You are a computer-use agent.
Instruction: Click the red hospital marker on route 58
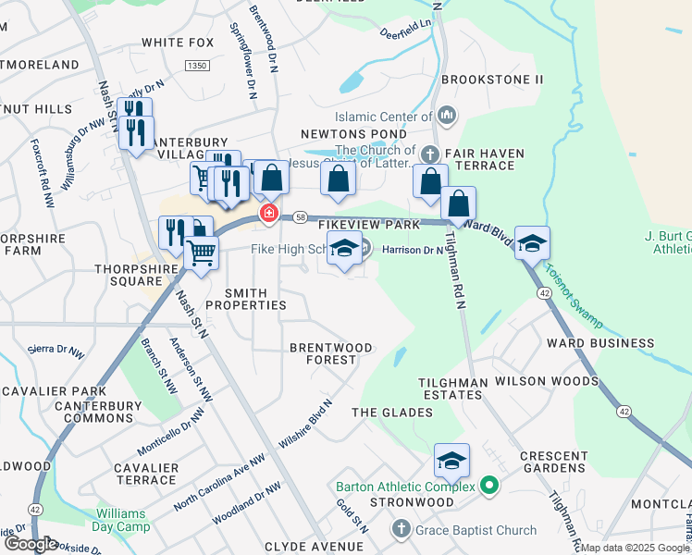click(269, 214)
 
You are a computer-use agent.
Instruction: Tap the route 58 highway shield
click(301, 217)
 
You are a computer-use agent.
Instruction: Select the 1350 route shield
click(195, 66)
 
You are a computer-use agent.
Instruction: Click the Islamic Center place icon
click(447, 116)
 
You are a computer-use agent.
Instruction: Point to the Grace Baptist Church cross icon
click(400, 529)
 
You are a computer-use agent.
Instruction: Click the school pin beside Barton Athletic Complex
click(451, 461)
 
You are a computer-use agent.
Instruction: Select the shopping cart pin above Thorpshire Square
click(201, 252)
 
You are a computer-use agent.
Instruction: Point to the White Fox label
click(178, 43)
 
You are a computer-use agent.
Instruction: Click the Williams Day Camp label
click(128, 519)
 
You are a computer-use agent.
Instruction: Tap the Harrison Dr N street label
click(413, 250)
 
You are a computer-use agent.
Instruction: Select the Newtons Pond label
click(341, 133)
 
